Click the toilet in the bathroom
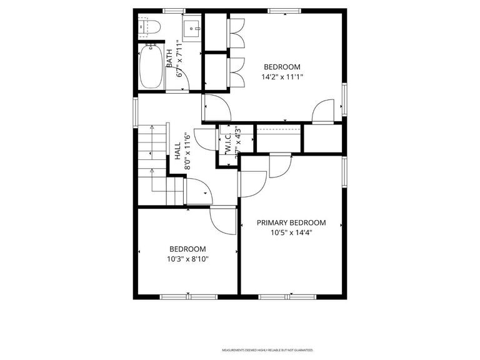(x=150, y=26)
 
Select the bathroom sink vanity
(x=192, y=27)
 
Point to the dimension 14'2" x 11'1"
(x=282, y=77)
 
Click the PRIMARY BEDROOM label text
(x=291, y=222)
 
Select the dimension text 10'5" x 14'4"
(x=291, y=232)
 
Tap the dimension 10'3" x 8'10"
(x=187, y=259)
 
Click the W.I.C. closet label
(x=228, y=141)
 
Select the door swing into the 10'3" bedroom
(x=222, y=220)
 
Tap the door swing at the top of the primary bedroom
(x=280, y=165)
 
